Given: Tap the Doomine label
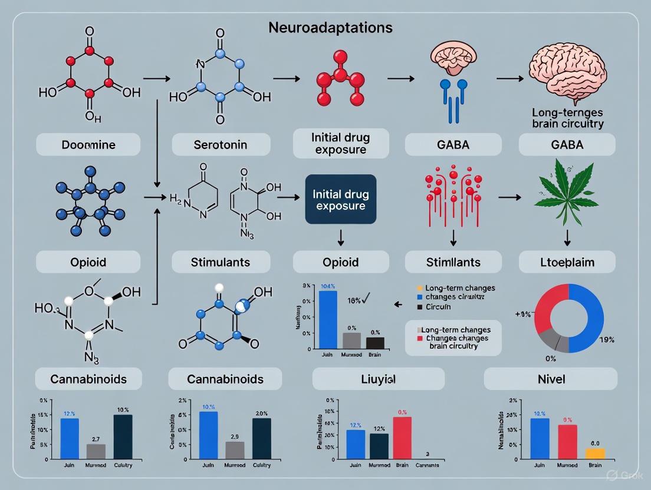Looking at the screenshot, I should pos(88,144).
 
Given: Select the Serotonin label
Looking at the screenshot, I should pos(221,144).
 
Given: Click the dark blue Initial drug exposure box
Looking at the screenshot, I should pos(340,199).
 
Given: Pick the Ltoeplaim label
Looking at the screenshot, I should pos(567,261).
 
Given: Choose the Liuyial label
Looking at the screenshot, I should pos(378,379).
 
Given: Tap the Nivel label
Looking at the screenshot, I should pos(551,379).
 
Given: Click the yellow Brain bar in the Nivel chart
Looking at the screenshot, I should pos(595,453).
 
